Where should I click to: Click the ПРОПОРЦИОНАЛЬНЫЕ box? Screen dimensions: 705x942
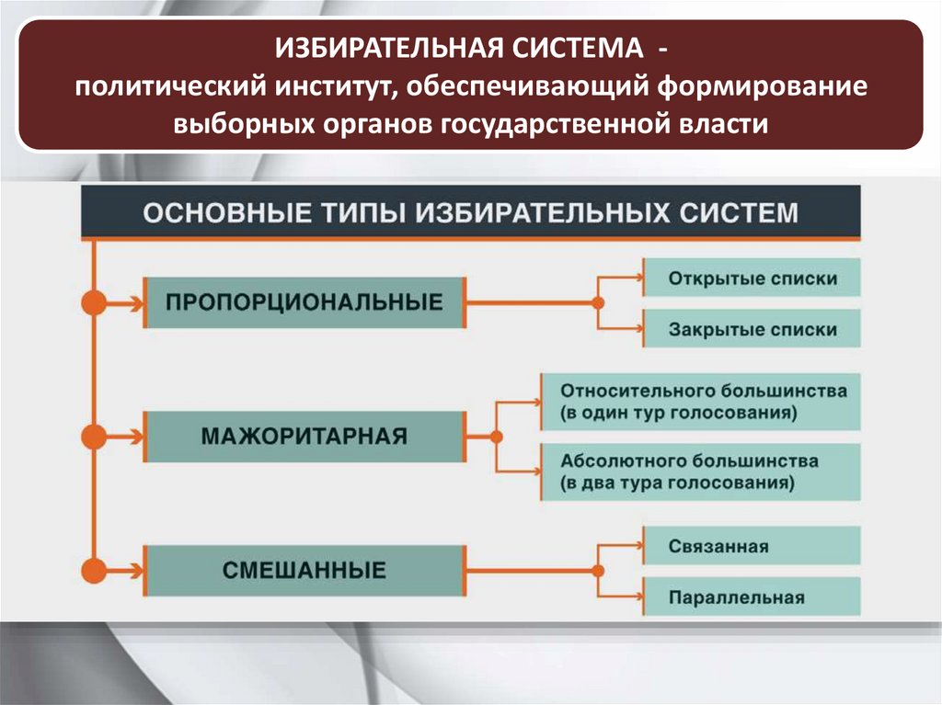tap(304, 301)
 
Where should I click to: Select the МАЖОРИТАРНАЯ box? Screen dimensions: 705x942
tap(304, 435)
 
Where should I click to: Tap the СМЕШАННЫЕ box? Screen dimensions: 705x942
tap(304, 570)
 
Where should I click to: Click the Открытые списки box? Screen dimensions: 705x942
tap(752, 278)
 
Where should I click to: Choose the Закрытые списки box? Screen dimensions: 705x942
tap(752, 329)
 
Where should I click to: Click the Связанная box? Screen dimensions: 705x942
tap(752, 546)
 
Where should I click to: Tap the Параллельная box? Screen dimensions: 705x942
tap(752, 597)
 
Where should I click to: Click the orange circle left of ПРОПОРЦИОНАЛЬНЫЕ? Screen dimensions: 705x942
tap(94, 302)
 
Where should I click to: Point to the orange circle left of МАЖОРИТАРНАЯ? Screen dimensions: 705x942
tap(94, 436)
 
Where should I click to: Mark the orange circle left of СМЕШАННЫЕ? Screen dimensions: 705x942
tap(94, 571)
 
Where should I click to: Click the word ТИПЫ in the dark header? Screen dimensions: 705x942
tap(356, 213)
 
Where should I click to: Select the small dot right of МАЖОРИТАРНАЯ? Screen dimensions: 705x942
tap(497, 436)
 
